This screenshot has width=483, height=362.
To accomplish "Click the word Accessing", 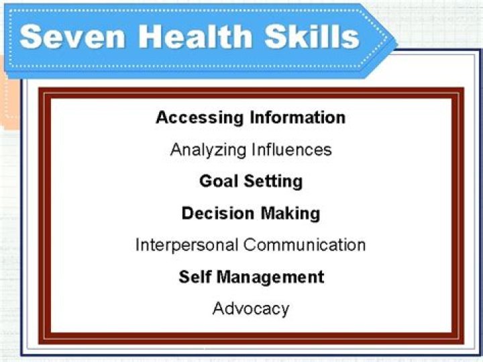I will point(199,118).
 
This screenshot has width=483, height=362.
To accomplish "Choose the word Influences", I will point(292,149).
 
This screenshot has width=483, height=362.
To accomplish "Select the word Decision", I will point(215,214).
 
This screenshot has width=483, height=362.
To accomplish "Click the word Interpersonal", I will point(187,244).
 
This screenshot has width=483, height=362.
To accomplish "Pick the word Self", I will point(195,277).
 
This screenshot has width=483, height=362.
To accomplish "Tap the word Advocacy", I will point(251,309).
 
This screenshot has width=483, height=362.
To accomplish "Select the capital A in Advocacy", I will point(218,308).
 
